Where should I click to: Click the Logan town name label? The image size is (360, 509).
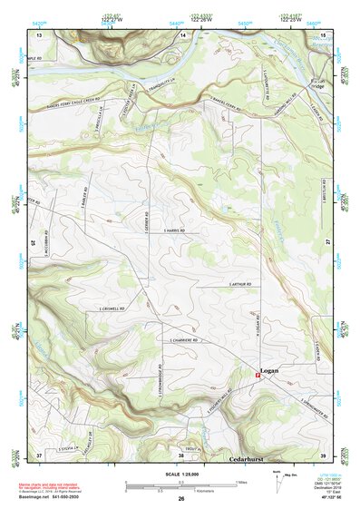[x=269, y=371]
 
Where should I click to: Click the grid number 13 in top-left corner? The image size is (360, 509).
[x=39, y=34]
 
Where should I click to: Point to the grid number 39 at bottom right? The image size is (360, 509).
[x=322, y=454]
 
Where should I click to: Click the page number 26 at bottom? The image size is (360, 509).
[x=180, y=500]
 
